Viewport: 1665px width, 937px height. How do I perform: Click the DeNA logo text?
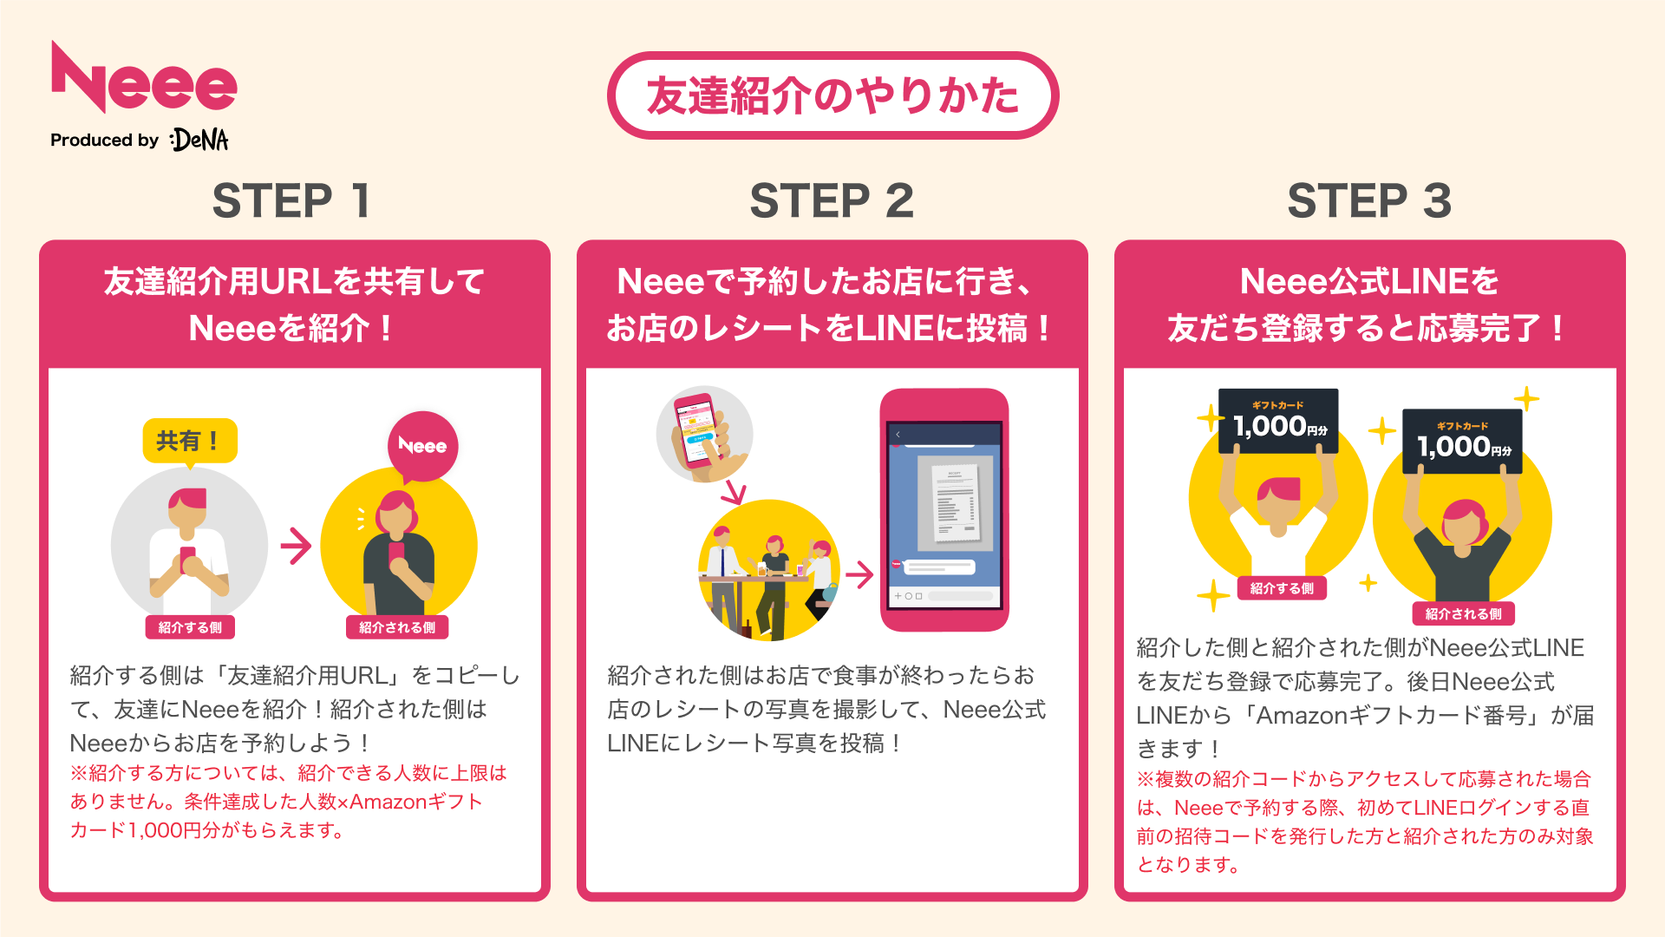(200, 140)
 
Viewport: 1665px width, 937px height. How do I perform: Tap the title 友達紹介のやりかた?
(832, 95)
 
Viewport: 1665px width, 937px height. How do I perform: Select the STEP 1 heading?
(292, 201)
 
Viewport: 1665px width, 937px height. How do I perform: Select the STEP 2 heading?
(832, 201)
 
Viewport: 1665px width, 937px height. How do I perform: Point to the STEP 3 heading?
(1369, 201)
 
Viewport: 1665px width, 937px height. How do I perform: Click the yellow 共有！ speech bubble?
(189, 442)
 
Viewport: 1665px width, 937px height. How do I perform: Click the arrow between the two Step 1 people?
(296, 546)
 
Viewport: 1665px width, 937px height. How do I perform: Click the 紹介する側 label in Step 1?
(190, 627)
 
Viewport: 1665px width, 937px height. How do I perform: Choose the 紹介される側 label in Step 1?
(397, 627)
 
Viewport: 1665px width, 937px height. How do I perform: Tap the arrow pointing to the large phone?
(859, 573)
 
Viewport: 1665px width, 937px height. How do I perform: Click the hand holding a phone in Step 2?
(704, 435)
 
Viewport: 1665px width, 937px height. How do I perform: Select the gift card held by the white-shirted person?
(1278, 422)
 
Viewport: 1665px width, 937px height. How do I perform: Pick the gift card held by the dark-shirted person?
(1462, 442)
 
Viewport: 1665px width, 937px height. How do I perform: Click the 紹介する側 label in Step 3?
(1282, 588)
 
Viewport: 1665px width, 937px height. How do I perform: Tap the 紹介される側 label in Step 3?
(1463, 613)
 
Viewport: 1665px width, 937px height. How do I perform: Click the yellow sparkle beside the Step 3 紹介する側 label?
(1212, 596)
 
